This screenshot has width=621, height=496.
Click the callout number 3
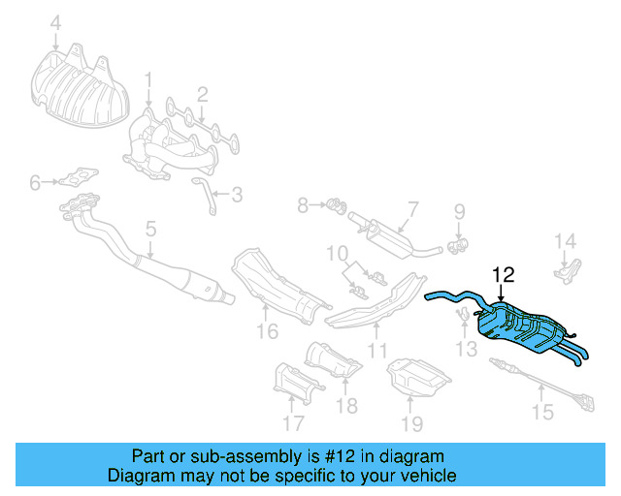[x=236, y=195]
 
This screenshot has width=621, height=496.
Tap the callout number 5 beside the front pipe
[x=150, y=230]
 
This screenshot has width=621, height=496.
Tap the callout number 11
[x=376, y=351]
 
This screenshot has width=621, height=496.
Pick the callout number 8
[x=303, y=204]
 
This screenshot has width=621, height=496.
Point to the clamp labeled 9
[x=459, y=242]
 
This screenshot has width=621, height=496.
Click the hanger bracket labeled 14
[x=569, y=270]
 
